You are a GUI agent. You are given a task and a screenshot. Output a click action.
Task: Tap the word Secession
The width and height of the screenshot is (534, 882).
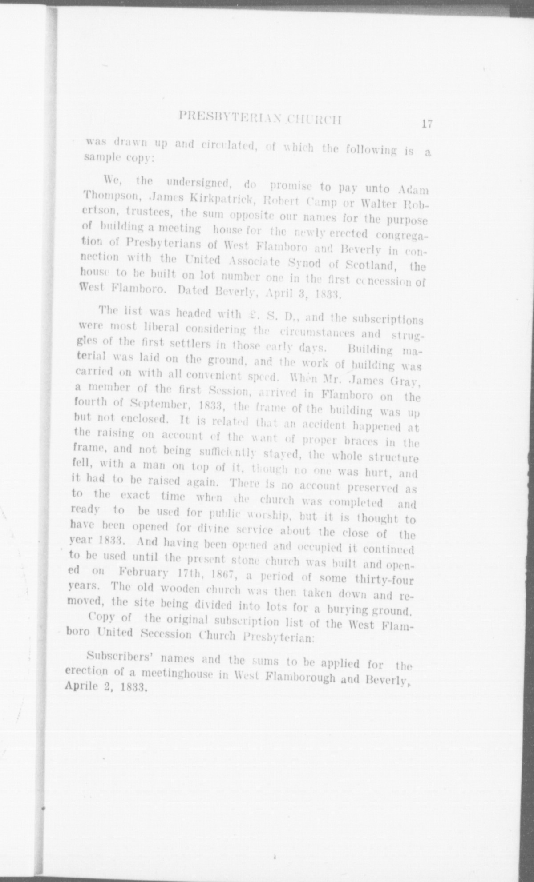tap(167, 633)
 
